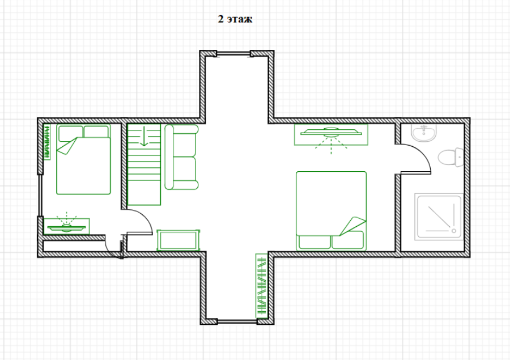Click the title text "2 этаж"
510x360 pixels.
[x=235, y=19]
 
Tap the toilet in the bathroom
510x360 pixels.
[x=451, y=157]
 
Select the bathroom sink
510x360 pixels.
[x=423, y=133]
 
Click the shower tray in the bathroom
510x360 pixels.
[x=439, y=217]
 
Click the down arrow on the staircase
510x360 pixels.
[x=144, y=137]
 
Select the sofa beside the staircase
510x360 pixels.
[x=181, y=157]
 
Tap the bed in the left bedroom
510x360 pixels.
[x=84, y=159]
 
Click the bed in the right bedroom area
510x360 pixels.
[x=331, y=211]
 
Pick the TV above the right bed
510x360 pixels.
[x=331, y=134]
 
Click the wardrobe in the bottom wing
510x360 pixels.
[x=261, y=286]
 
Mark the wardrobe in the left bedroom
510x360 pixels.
[x=47, y=142]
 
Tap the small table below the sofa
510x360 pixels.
[x=178, y=240]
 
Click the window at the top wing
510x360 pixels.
[x=233, y=54]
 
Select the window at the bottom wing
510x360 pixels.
[x=237, y=321]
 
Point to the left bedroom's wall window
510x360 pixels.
[x=40, y=196]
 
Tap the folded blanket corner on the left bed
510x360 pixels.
[x=67, y=146]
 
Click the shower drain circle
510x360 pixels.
[x=454, y=231]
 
